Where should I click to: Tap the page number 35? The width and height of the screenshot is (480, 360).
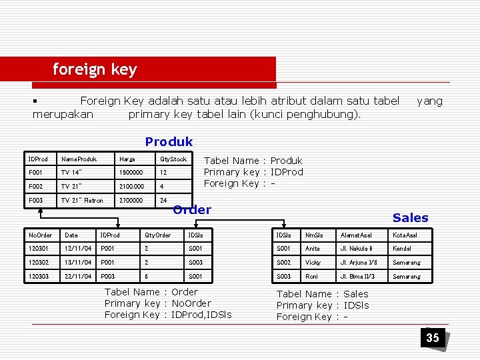433,338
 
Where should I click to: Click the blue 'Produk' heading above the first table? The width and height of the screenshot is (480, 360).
169,141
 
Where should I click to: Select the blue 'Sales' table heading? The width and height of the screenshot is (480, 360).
410,218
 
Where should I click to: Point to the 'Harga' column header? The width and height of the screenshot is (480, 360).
126,159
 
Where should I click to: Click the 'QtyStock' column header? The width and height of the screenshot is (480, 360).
173,159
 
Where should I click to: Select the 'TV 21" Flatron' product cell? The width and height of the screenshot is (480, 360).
82,200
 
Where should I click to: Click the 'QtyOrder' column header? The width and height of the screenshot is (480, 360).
157,235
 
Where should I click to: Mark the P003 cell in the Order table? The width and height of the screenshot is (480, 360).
109,276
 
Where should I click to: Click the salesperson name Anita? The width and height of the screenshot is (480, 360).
313,249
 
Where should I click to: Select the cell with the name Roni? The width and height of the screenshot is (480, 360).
311,276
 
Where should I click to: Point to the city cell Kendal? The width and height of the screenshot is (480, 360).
401,249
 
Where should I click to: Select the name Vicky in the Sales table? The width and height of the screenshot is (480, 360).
313,263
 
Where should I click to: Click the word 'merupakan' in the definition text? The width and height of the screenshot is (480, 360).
63,114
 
